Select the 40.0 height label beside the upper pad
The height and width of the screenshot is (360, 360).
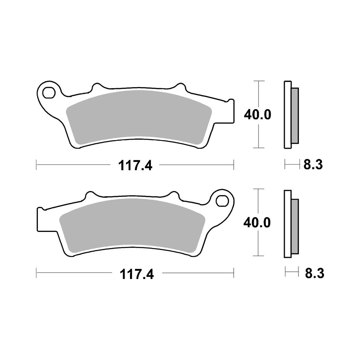click(257, 114)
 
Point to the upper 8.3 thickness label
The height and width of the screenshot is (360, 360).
click(312, 165)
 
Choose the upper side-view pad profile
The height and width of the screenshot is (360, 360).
click(291, 114)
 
